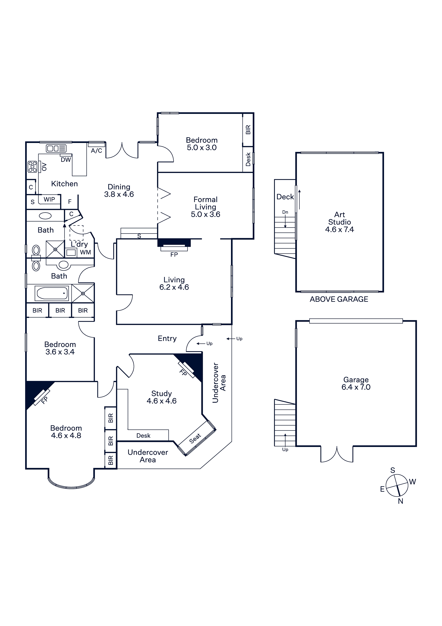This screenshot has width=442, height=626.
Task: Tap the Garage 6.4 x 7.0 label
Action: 356,383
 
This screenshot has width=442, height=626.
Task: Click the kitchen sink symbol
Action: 56,149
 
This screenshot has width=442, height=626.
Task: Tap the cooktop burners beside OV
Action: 32,167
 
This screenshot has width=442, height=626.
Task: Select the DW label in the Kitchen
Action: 66,160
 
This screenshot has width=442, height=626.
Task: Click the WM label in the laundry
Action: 85,252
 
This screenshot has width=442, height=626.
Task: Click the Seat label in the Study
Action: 195,438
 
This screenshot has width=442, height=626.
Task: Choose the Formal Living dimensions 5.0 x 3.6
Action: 205,214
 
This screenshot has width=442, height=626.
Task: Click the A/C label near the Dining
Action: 96,151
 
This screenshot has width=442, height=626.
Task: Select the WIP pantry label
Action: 49,199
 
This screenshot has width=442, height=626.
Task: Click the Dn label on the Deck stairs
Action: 285,212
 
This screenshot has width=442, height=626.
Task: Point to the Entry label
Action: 167,338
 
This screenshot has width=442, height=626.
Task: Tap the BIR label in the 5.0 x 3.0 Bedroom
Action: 248,130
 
